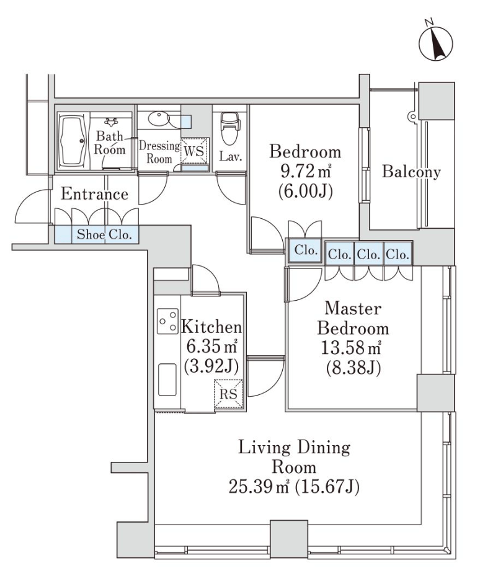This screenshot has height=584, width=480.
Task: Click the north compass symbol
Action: [435, 42]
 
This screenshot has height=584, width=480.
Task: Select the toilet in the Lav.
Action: [228, 128]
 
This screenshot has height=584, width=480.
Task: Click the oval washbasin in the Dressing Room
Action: [158, 119]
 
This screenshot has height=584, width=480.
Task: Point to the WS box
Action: [195, 151]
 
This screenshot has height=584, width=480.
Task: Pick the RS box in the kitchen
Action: [228, 394]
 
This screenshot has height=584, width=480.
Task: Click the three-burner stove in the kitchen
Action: [167, 321]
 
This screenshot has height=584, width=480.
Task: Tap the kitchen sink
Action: [167, 379]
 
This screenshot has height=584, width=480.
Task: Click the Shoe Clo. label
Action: [104, 234]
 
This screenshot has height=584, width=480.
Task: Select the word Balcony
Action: [411, 172]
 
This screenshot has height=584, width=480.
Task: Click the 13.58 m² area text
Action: [351, 348]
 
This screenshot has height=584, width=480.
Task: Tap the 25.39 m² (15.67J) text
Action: [294, 487]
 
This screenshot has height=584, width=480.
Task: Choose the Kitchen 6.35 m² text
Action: [211, 337]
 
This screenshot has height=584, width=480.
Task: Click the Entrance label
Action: [95, 194]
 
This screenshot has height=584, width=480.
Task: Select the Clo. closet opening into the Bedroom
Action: [305, 250]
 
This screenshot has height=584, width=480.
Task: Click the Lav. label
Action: [231, 156]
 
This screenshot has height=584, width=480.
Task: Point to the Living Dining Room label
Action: [294, 457]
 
